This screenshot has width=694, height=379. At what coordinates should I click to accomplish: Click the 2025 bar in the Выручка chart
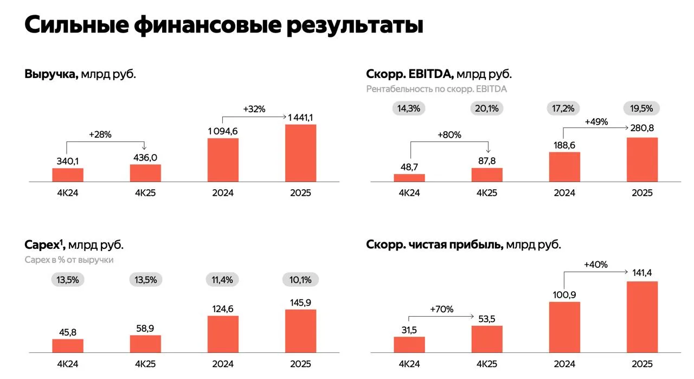(300, 153)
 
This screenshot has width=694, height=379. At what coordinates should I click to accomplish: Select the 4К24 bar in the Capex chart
(68, 346)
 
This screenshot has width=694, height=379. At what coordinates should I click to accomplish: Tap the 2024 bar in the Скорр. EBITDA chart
(564, 166)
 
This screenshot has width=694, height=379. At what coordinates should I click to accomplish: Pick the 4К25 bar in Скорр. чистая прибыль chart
(487, 339)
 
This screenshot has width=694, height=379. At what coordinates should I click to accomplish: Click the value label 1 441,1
(300, 118)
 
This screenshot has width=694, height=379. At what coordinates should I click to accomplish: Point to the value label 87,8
(487, 160)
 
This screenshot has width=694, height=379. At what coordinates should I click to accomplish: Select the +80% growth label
(449, 135)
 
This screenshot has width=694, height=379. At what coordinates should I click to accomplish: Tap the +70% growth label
(441, 310)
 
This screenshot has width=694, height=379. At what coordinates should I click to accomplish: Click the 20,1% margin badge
(487, 108)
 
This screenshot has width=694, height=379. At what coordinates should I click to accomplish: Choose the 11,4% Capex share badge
(223, 280)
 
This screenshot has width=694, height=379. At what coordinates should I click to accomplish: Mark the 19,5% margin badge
(642, 108)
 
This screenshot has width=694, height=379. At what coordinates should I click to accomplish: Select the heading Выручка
(51, 74)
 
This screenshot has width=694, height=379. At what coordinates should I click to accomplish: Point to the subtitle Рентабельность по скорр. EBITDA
(436, 89)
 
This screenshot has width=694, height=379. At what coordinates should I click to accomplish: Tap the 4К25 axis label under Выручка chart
(145, 193)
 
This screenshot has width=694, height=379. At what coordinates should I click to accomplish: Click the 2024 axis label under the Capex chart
(223, 364)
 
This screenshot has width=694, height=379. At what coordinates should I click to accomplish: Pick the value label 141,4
(642, 272)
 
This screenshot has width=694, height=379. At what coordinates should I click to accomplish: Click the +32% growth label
(254, 109)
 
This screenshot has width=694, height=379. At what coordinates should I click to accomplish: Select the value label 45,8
(68, 332)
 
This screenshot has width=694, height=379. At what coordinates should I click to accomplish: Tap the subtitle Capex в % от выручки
(69, 260)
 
